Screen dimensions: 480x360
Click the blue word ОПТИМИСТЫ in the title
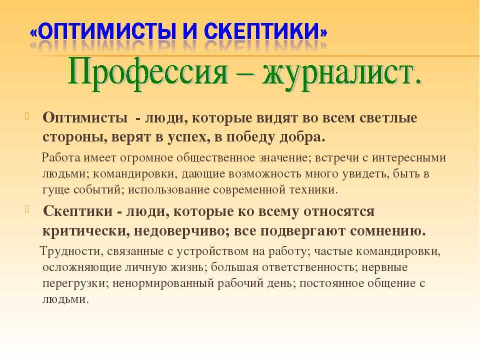[x=108, y=31]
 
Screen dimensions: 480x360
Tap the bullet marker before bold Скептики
[x=27, y=209]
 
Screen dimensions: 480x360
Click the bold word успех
[x=188, y=137]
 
